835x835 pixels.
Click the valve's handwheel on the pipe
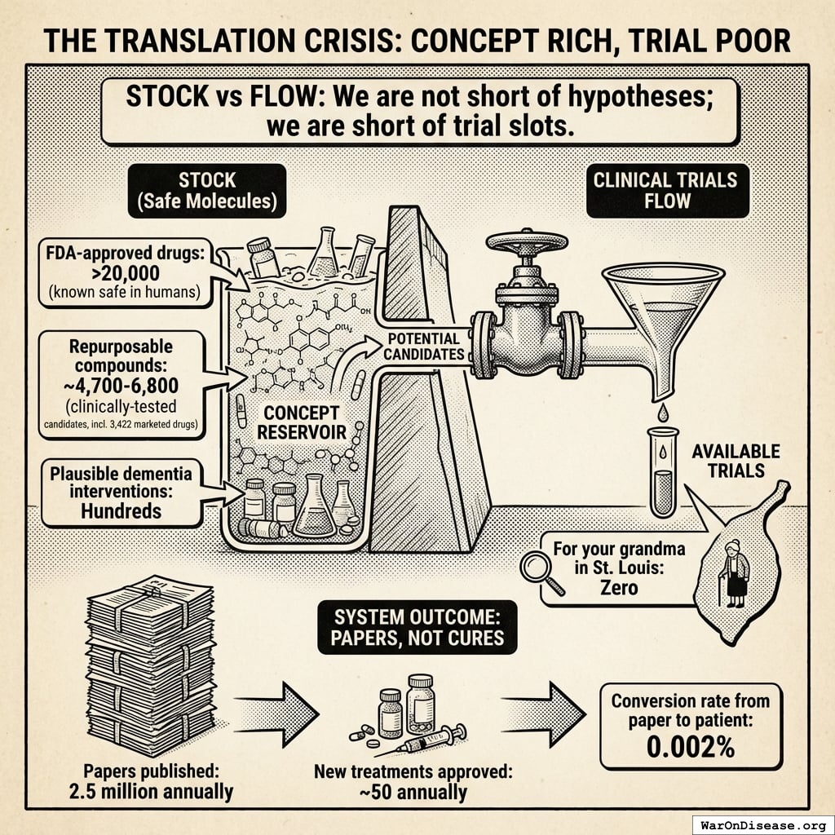526,243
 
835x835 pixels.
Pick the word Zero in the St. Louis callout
619,587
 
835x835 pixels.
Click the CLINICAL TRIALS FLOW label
666,189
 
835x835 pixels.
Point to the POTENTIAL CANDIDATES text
423,346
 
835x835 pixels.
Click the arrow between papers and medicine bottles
278,710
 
